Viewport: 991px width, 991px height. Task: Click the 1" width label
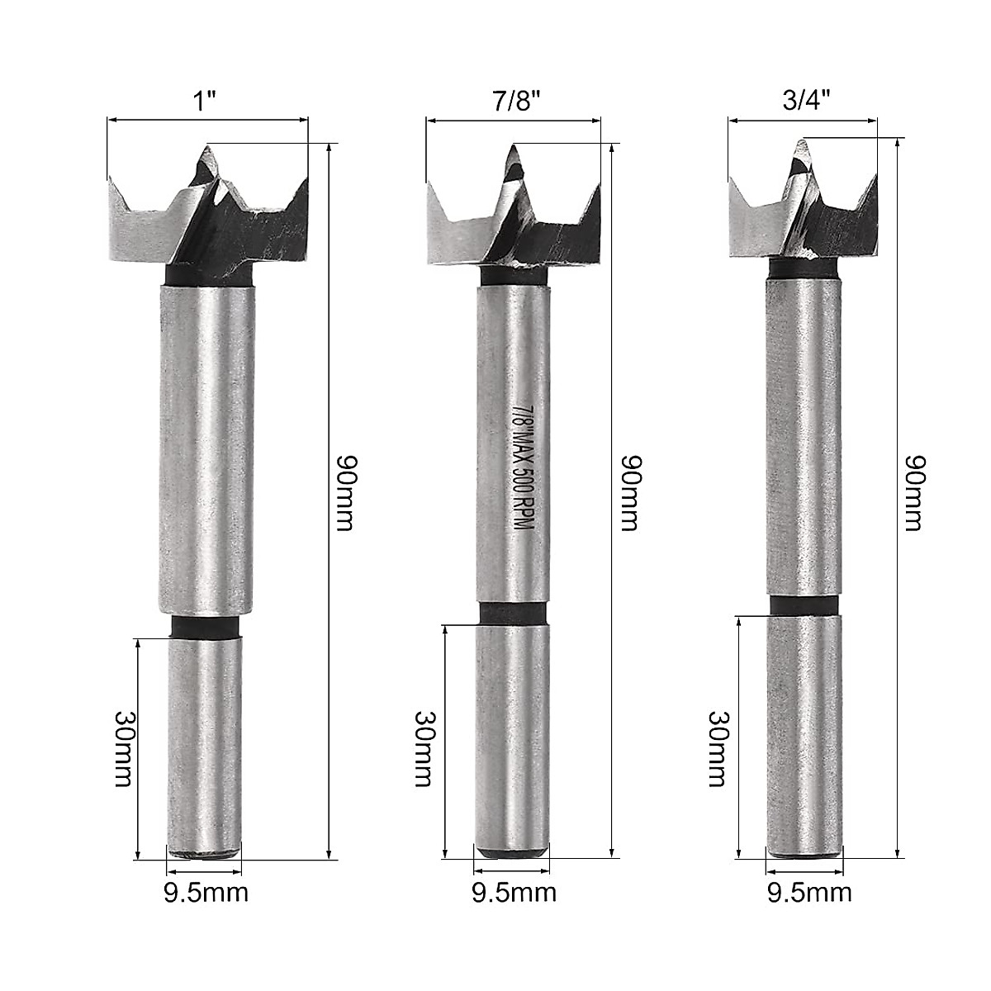[x=206, y=102]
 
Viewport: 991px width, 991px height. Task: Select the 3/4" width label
[x=806, y=101]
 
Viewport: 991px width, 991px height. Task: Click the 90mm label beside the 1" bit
[x=344, y=492]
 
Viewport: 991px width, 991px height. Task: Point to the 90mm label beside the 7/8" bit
[x=630, y=492]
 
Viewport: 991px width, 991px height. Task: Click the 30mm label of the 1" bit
[x=124, y=749]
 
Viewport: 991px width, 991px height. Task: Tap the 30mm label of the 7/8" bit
[x=425, y=749]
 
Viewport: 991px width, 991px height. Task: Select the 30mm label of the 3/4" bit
[x=719, y=749]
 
